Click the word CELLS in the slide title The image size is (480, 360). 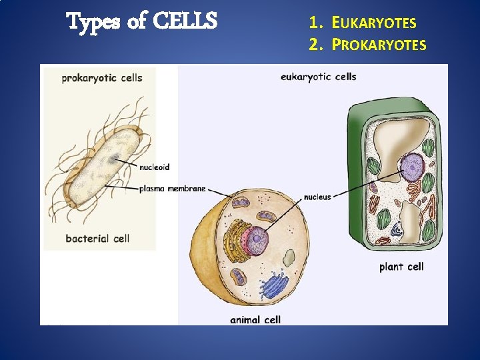coord(185,22)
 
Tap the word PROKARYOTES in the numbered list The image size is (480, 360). coord(379,45)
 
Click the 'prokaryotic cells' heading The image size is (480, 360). coord(101,78)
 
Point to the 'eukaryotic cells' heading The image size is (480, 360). coord(318,77)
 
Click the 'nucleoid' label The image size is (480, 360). coord(154,167)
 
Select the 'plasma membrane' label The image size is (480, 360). coord(172,189)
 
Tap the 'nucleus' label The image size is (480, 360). coord(317,197)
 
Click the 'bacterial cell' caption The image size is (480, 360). coord(97,238)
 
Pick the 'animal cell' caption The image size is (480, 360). coord(255,320)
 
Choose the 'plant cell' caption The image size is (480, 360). coord(401,267)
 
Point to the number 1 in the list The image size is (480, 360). coord(313,23)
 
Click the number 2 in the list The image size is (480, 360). coord(313,45)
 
